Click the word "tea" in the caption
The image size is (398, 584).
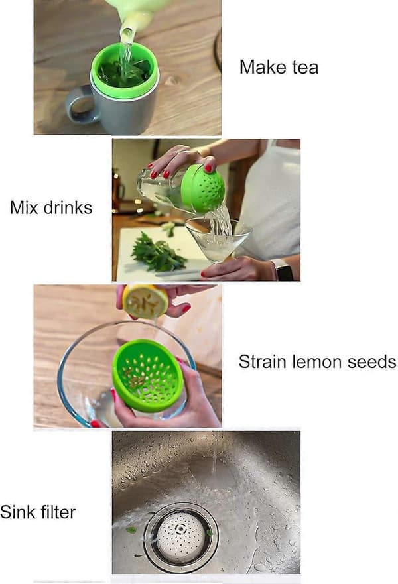pyautogui.click(x=305, y=68)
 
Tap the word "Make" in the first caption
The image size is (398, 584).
pyautogui.click(x=263, y=67)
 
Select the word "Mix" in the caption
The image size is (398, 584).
pyautogui.click(x=24, y=207)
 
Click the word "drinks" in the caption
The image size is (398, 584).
pyautogui.click(x=68, y=207)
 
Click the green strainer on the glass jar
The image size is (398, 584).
pyautogui.click(x=203, y=188)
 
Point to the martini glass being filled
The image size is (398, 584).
pyautogui.click(x=218, y=240)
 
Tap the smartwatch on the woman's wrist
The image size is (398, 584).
pyautogui.click(x=282, y=269)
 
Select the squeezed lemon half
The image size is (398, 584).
pyautogui.click(x=145, y=302)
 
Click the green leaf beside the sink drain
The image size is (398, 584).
pyautogui.click(x=131, y=529)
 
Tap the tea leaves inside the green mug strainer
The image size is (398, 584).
pyautogui.click(x=125, y=72)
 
